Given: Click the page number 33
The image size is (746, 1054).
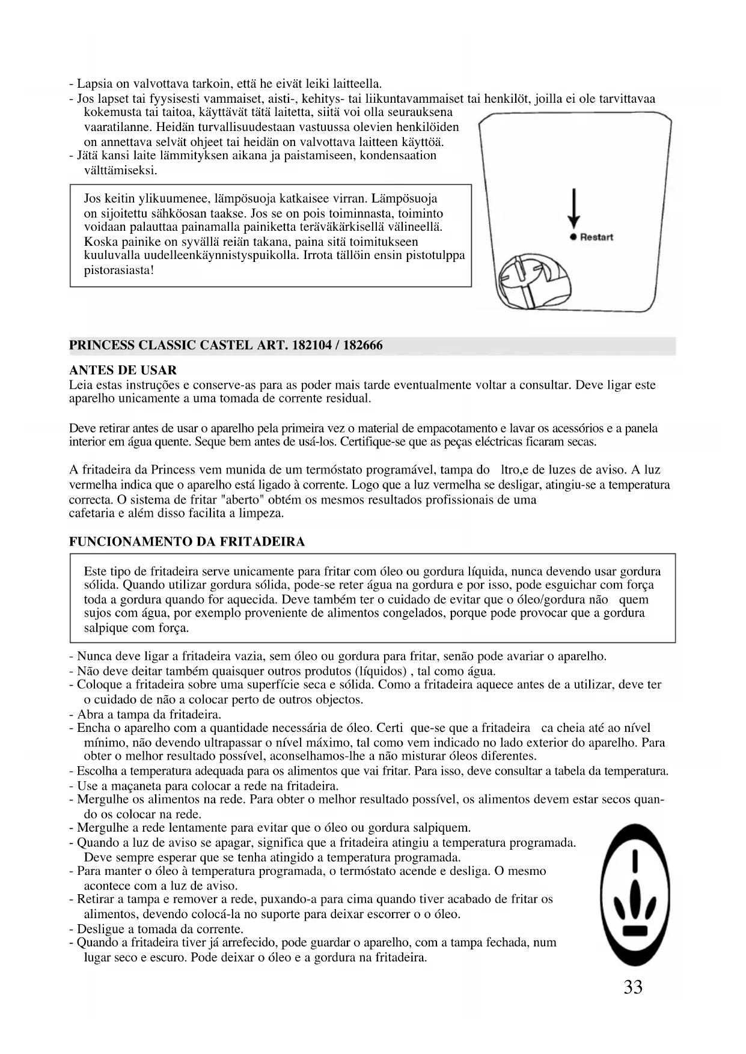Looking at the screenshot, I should pos(633,987).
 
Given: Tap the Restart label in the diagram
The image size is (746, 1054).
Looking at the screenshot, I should pos(596,237).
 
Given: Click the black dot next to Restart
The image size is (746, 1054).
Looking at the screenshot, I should pos(574,237).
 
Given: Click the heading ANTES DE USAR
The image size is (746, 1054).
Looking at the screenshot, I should pos(123,370).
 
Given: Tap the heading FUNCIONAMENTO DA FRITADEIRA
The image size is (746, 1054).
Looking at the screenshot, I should pos(187,541).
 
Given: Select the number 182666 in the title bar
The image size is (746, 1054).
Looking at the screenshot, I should pos(362,346).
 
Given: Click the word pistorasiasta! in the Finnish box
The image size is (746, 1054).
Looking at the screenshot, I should pos(119,270).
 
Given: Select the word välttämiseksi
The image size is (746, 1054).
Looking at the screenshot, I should pos(120,170).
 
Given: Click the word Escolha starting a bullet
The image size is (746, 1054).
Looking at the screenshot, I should pos(97,771).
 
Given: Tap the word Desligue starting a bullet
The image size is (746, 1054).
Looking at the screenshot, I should pos(99,929).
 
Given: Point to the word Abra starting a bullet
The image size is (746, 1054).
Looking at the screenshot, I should pos(89,714).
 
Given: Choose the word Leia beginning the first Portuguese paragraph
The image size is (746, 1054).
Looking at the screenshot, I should pos(81,385).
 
